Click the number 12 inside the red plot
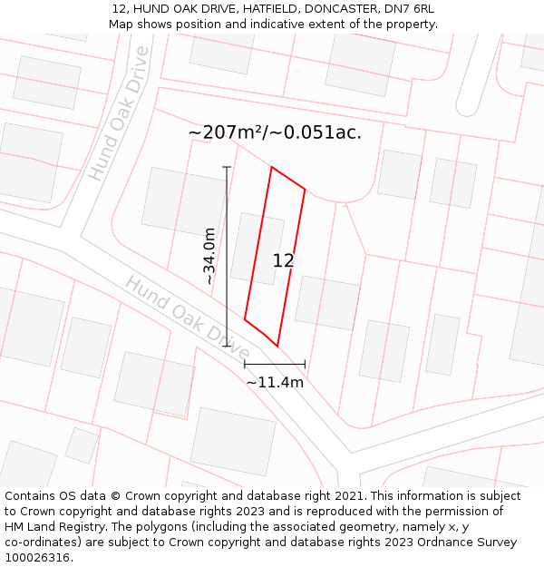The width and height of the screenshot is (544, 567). click(283, 260)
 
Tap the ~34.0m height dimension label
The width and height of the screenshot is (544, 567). click(209, 256)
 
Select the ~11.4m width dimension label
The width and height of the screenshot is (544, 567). click(275, 382)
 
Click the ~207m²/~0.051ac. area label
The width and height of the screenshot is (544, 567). click(275, 132)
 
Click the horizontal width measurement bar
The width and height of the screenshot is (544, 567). click(275, 364)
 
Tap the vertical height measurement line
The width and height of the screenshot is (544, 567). click(227, 256)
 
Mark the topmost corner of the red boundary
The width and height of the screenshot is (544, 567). click(272, 167)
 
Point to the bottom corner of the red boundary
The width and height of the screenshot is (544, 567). click(277, 346)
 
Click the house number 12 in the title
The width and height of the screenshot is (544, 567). click(118, 8)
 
